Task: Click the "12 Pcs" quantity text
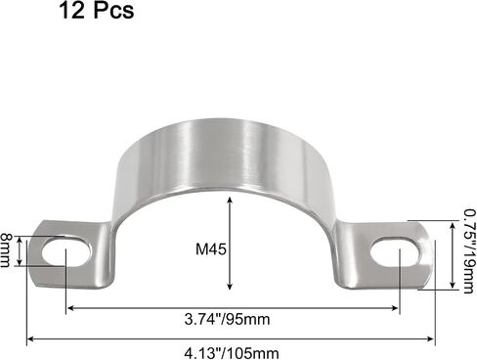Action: click(97, 10)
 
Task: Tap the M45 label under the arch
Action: click(211, 249)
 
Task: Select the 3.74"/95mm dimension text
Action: click(227, 319)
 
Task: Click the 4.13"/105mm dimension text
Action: click(232, 353)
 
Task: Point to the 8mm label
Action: click(5, 249)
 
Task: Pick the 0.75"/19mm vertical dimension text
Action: click(468, 251)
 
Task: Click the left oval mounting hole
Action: click(66, 253)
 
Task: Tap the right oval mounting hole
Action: click(395, 252)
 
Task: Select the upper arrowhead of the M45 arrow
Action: click(230, 200)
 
